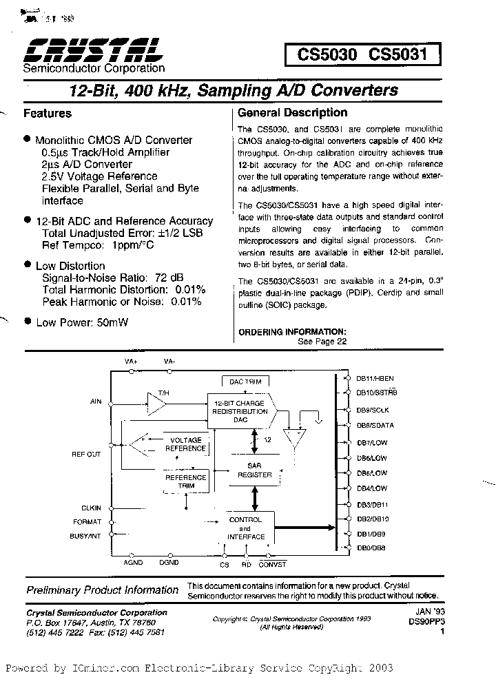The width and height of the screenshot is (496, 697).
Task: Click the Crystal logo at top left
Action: click(x=92, y=50)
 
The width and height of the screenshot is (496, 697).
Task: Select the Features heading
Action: click(x=48, y=113)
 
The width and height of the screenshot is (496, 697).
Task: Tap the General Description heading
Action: click(x=292, y=113)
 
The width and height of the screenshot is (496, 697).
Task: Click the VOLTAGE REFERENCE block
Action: click(x=185, y=444)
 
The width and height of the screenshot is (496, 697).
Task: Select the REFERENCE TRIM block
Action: click(x=185, y=481)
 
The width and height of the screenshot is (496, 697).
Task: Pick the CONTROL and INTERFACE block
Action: click(x=245, y=528)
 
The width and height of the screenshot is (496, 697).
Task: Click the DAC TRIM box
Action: click(x=240, y=381)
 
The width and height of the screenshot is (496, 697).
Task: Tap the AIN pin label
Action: click(x=96, y=400)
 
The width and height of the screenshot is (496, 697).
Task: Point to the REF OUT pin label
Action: click(x=86, y=454)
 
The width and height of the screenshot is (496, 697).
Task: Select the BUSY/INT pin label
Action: click(x=85, y=535)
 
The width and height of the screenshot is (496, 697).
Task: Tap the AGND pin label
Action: click(x=133, y=563)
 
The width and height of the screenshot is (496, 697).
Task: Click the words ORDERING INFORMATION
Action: click(x=291, y=332)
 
